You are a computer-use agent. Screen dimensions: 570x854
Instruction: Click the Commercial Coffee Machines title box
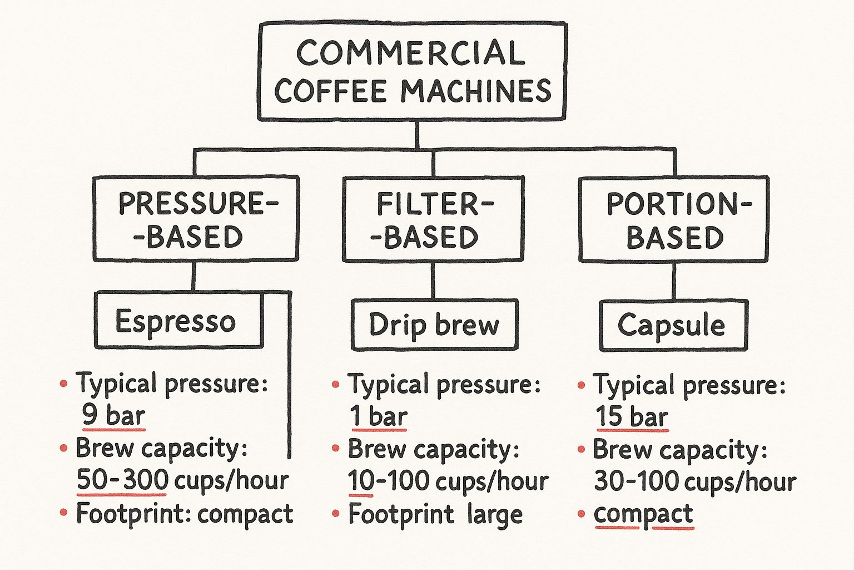pyautogui.click(x=412, y=71)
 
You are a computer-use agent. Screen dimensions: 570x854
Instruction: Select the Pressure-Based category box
pyautogui.click(x=196, y=219)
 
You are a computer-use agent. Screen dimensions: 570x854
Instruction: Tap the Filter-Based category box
pyautogui.click(x=433, y=219)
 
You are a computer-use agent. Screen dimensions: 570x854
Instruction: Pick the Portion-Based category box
pyautogui.click(x=674, y=219)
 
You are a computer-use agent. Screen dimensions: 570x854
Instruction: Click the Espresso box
pyautogui.click(x=178, y=321)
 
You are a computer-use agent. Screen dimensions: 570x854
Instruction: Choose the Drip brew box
pyautogui.click(x=434, y=325)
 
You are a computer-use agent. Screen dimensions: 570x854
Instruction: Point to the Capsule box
pyautogui.click(x=673, y=325)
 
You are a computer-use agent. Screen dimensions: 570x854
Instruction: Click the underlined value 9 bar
pyautogui.click(x=113, y=415)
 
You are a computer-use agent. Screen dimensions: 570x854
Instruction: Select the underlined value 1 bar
pyautogui.click(x=379, y=416)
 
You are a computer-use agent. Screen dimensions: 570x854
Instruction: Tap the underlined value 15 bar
pyautogui.click(x=632, y=416)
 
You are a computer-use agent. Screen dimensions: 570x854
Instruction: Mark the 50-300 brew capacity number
pyautogui.click(x=122, y=480)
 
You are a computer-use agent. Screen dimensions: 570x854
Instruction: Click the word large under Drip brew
pyautogui.click(x=495, y=514)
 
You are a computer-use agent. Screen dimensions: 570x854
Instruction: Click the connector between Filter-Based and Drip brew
pyautogui.click(x=433, y=281)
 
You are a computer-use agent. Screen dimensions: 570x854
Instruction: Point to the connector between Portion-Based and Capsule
pyautogui.click(x=674, y=281)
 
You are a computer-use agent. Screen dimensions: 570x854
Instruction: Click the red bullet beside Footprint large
pyautogui.click(x=336, y=514)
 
